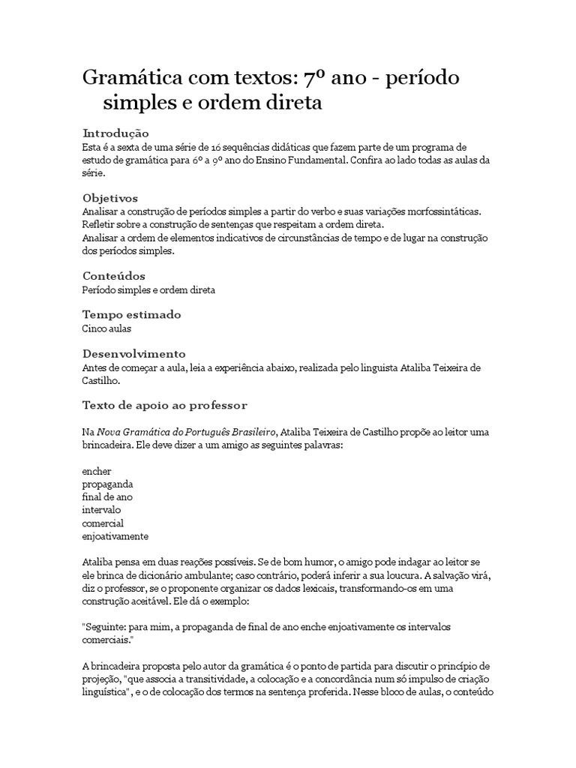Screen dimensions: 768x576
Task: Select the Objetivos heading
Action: pyautogui.click(x=109, y=199)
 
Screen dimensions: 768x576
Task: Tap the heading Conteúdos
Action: pyautogui.click(x=113, y=276)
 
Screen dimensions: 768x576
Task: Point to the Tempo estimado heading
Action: pyautogui.click(x=131, y=315)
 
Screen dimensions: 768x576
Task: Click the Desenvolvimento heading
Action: pyautogui.click(x=133, y=354)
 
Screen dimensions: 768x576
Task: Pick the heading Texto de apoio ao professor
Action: pyautogui.click(x=164, y=406)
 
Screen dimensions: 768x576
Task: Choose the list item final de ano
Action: pyautogui.click(x=107, y=496)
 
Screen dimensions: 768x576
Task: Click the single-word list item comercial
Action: pyautogui.click(x=103, y=523)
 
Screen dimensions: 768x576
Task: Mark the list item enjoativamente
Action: pyautogui.click(x=115, y=536)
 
